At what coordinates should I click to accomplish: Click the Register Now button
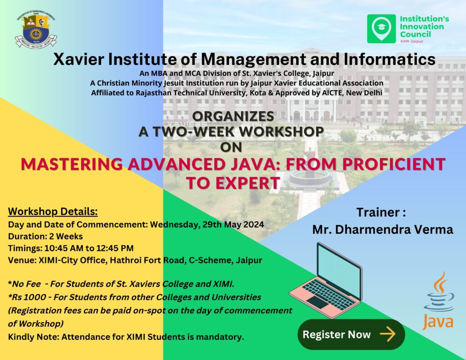coord(351,335)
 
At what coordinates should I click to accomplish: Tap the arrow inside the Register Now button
coord(387,335)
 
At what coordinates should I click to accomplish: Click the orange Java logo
coord(438,301)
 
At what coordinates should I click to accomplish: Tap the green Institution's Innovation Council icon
coord(381,29)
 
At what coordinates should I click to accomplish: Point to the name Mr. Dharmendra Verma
coord(382,229)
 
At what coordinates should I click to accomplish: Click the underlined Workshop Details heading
coord(53,212)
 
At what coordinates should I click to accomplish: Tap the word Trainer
coord(377,213)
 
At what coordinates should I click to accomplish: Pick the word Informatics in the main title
coord(390,59)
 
